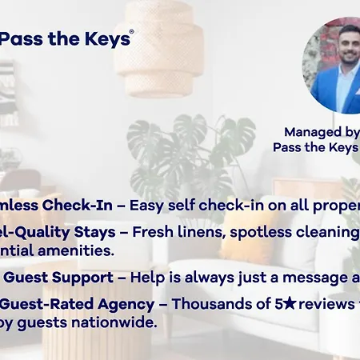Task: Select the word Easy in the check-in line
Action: click(x=147, y=206)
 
